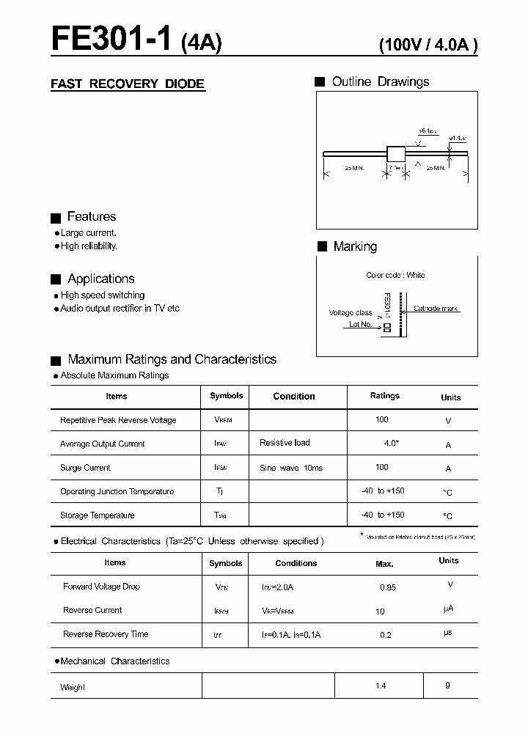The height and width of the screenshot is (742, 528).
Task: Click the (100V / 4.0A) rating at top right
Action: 428,45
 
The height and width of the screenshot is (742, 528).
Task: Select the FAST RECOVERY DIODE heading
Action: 128,84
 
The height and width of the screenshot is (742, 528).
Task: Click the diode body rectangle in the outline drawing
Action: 396,154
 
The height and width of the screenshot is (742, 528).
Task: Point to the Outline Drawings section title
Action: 380,81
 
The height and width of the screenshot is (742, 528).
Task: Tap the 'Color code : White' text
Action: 395,275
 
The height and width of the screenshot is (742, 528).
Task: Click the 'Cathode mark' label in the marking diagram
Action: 436,309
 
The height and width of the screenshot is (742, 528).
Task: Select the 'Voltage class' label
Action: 351,313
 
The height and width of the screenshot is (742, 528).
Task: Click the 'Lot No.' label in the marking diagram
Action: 360,324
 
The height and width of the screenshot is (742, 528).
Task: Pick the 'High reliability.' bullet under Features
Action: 89,246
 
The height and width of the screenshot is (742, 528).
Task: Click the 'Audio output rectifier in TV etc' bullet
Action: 120,309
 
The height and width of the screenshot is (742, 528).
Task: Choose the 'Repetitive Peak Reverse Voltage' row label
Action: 118,420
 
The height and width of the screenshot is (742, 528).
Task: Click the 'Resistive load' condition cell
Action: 285,443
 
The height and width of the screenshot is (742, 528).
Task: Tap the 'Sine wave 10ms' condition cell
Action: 291,468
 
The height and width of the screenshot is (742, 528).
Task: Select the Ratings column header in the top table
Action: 384,396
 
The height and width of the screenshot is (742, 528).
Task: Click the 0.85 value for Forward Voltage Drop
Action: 388,587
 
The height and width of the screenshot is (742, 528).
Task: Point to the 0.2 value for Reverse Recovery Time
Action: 386,635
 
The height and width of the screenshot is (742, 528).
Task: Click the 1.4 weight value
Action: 380,686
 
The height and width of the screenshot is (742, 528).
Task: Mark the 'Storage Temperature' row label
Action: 98,515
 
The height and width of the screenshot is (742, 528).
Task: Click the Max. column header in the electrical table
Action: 384,564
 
